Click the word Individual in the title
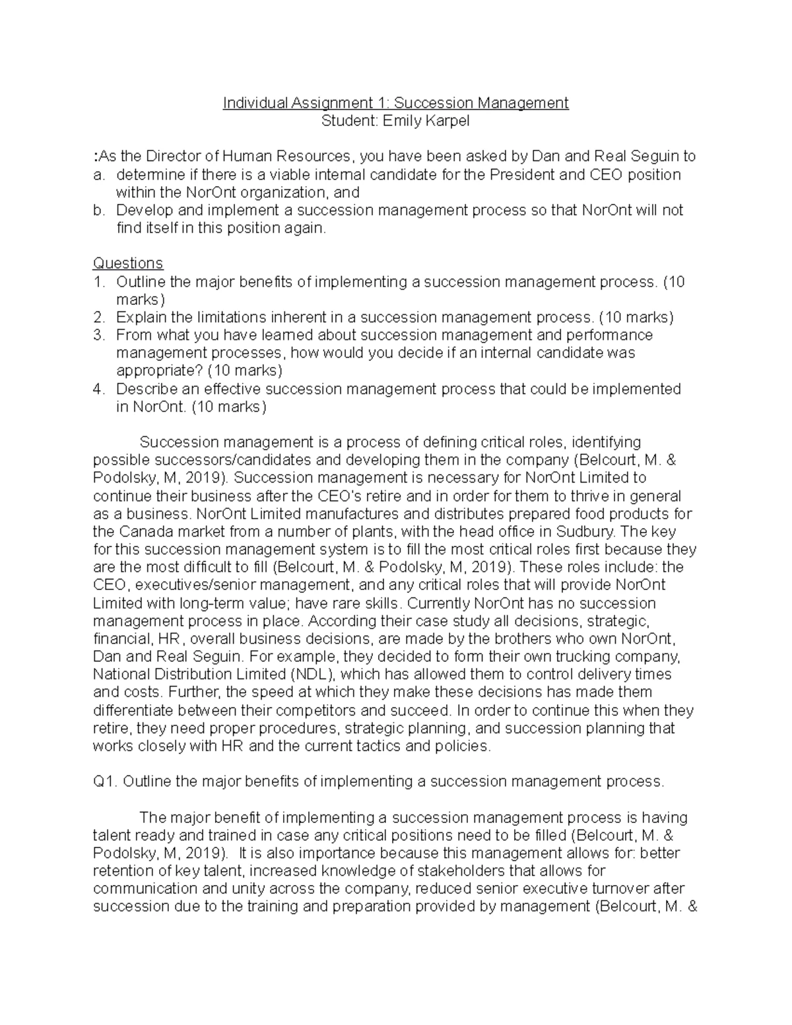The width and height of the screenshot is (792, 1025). click(255, 103)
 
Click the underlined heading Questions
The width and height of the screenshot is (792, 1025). click(127, 263)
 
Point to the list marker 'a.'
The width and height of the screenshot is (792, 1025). click(99, 175)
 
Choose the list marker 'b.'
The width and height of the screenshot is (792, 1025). click(99, 211)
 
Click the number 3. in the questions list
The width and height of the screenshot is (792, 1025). click(99, 335)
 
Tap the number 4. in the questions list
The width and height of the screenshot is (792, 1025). click(99, 389)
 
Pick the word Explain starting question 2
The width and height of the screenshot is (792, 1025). click(141, 317)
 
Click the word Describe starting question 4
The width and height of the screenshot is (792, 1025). click(147, 389)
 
